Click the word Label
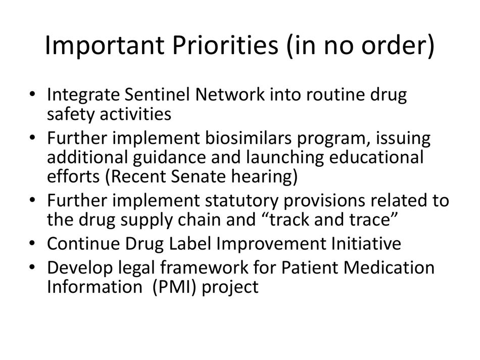point(188,244)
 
